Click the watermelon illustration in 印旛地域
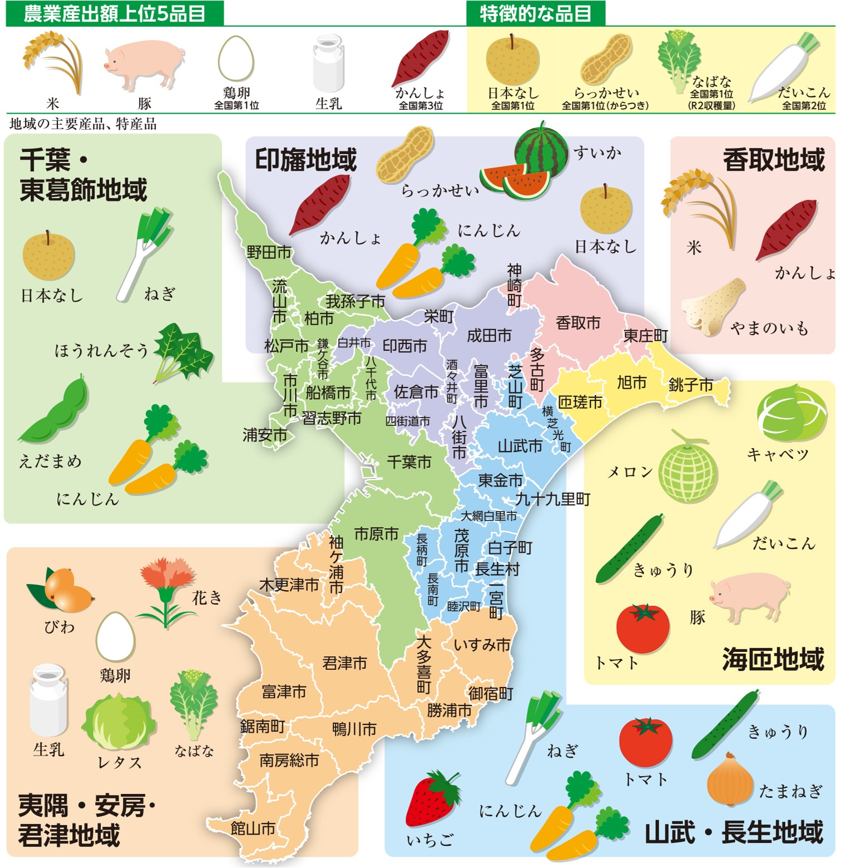(x=526, y=164)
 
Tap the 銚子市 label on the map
(x=690, y=384)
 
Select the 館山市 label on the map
(x=253, y=828)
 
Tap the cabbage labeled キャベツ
(x=791, y=415)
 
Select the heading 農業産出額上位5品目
(x=115, y=13)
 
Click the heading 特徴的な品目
(x=535, y=13)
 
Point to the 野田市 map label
(x=269, y=252)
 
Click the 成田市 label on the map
(x=489, y=335)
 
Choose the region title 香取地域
(x=773, y=160)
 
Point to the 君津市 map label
(x=345, y=663)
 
